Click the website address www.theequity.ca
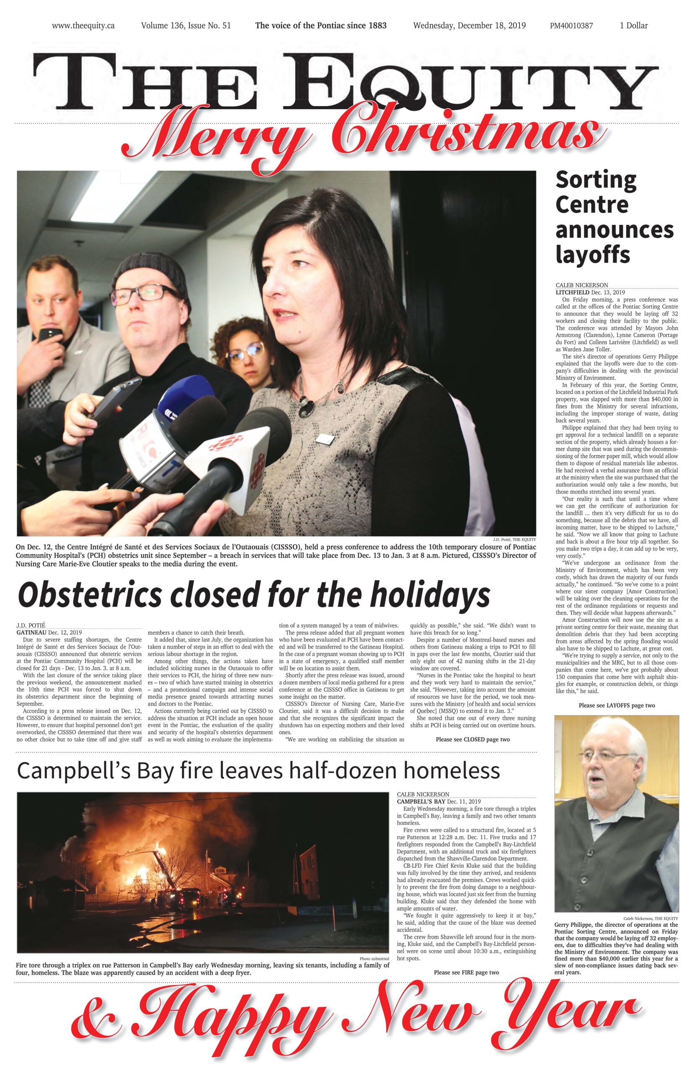pos(83,26)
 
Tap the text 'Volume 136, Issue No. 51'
pos(186,26)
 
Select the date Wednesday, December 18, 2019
pos(469,26)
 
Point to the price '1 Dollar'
pos(633,26)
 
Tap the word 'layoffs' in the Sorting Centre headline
pos(592,255)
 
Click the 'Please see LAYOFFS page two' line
pos(616,705)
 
